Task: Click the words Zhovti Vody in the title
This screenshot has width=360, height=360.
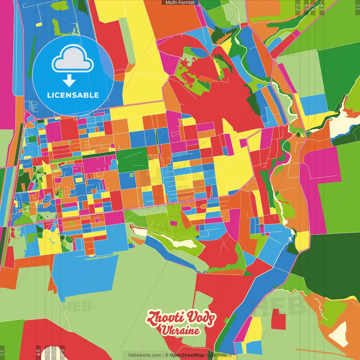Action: pyautogui.click(x=181, y=318)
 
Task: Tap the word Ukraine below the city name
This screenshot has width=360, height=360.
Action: pyautogui.click(x=180, y=330)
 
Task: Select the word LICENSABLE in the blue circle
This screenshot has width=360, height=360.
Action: pyautogui.click(x=73, y=95)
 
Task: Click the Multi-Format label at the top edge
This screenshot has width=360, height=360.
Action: pyautogui.click(x=180, y=3)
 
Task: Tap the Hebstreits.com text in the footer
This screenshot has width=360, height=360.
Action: pyautogui.click(x=145, y=355)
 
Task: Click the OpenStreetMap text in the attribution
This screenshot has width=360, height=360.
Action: pyautogui.click(x=187, y=355)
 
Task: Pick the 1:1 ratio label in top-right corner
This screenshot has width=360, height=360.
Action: pyautogui.click(x=357, y=7)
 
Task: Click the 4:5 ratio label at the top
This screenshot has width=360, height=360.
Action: pyautogui.click(x=322, y=7)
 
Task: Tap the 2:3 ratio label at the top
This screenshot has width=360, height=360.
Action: pyautogui.click(x=298, y=7)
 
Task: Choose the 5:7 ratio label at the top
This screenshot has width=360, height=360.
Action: pyautogui.click(x=306, y=7)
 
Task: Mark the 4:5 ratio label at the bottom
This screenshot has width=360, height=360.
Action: pyautogui.click(x=38, y=352)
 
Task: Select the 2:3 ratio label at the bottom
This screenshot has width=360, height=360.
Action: pyautogui.click(x=62, y=352)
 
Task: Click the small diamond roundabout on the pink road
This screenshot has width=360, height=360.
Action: pyautogui.click(x=123, y=210)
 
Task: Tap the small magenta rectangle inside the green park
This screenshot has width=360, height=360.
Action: pyautogui.click(x=174, y=223)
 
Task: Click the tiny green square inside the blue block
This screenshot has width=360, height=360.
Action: pyautogui.click(x=131, y=175)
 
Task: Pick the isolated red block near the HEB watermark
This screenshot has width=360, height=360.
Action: pyautogui.click(x=278, y=319)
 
